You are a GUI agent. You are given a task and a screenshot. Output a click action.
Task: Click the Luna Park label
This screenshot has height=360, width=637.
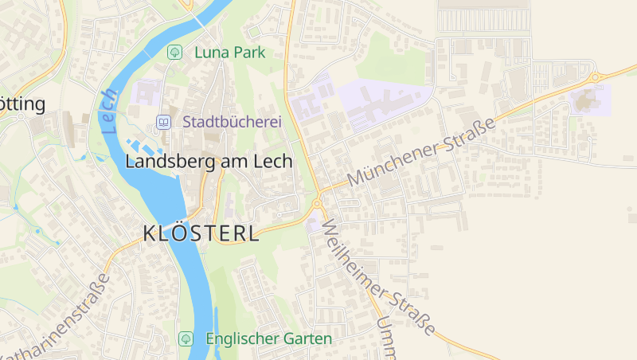(x=229, y=53)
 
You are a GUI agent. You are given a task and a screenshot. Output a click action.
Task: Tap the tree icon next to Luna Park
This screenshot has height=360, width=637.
(x=174, y=53)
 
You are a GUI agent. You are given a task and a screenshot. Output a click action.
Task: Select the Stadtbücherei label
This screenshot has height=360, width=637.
(x=233, y=123)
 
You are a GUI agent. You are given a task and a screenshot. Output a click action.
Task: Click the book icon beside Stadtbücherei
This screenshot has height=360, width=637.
(x=163, y=123)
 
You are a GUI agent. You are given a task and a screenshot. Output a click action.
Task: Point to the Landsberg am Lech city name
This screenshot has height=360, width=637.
(x=209, y=161)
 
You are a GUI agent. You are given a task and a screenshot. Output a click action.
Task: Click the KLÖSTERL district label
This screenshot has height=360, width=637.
(x=201, y=233)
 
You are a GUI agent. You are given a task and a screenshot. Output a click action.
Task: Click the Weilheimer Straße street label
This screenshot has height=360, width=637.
(x=381, y=276)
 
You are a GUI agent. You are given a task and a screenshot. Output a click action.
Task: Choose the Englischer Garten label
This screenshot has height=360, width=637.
(x=268, y=338)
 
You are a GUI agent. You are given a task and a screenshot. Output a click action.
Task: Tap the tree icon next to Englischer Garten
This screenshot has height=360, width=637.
(x=186, y=338)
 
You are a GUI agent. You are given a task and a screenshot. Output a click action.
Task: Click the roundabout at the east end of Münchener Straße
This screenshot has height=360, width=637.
(x=594, y=77)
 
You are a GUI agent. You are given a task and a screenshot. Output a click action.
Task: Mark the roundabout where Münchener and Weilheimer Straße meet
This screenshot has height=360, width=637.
(x=317, y=203)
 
